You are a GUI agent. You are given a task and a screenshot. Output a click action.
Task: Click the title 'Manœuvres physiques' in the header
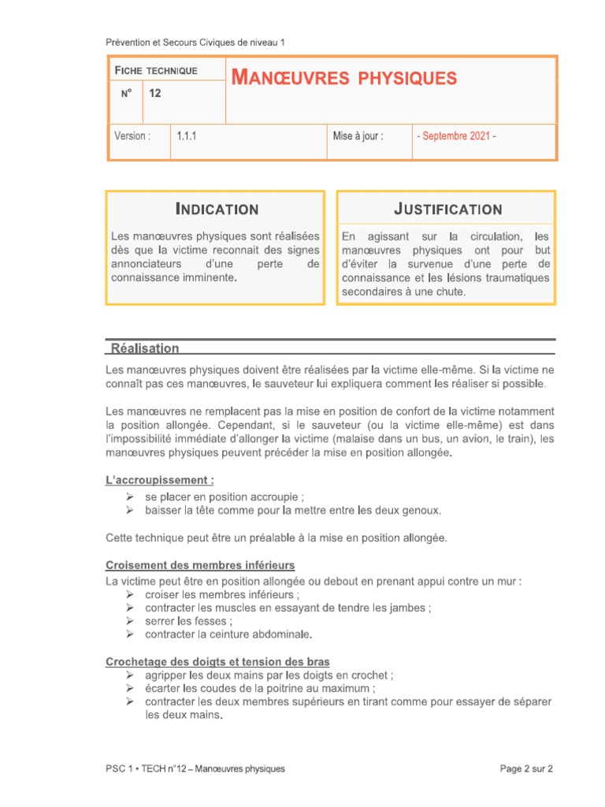[x=343, y=78]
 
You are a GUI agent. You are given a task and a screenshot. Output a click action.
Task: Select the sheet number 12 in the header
[x=155, y=94]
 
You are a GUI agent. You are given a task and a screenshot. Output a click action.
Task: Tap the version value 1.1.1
[x=187, y=136]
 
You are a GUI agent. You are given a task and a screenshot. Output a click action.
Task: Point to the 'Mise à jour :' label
[x=358, y=136]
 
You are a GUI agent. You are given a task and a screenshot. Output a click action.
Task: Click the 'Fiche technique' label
[x=156, y=71]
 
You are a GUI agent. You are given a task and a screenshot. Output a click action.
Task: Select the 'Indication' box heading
[x=216, y=209]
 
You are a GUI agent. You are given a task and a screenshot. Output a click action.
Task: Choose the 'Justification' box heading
[x=447, y=209]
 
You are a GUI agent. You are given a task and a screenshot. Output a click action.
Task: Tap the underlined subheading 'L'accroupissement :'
[x=160, y=480]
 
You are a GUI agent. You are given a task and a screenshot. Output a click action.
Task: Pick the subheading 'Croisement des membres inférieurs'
[x=200, y=565]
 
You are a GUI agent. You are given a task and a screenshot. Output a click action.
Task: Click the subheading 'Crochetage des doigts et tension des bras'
[x=217, y=661]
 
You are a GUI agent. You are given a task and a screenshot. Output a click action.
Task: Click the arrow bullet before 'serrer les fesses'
[x=129, y=621]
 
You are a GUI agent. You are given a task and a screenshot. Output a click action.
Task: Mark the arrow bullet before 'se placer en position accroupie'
[x=129, y=497]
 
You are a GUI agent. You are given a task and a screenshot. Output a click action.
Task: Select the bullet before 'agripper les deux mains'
[x=129, y=675]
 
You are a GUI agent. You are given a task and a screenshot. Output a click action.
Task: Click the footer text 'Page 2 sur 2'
[x=527, y=768]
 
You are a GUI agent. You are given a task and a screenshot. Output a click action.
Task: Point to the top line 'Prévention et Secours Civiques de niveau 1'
[x=200, y=43]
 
